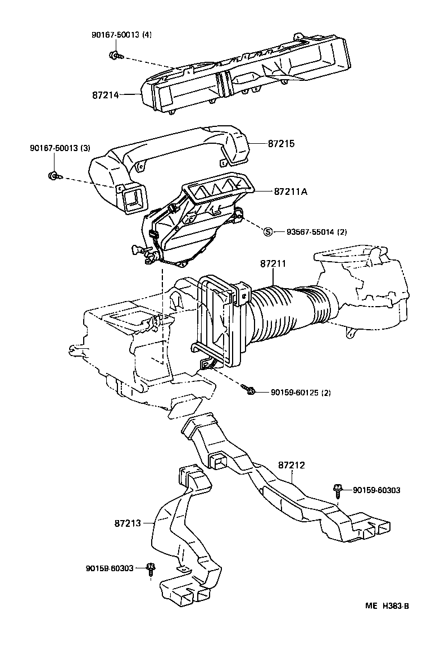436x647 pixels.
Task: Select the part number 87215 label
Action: click(281, 144)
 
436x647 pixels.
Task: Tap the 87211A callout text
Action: click(291, 191)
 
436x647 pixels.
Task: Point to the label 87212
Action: click(292, 465)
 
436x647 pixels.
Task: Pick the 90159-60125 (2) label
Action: click(301, 392)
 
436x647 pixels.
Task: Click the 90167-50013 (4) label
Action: click(122, 34)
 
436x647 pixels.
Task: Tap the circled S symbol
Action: click(268, 231)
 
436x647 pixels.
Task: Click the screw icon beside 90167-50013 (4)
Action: click(114, 55)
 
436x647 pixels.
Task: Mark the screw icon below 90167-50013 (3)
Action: click(53, 176)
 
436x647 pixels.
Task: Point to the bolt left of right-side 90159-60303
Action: click(338, 490)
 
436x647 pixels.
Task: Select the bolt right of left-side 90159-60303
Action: click(150, 569)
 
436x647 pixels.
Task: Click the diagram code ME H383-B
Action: click(387, 605)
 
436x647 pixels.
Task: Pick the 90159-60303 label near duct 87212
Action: click(376, 490)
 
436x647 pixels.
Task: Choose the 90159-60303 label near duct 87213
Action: click(110, 568)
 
